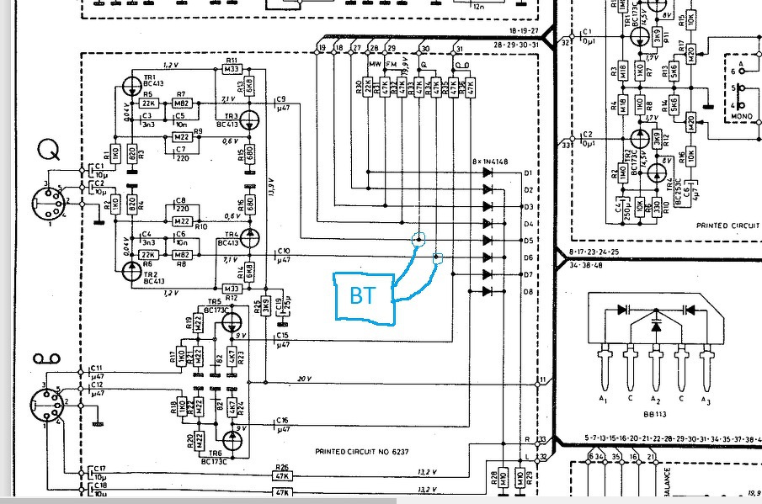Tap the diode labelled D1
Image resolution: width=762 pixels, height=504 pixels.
tap(488, 172)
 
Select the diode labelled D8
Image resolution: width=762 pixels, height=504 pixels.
tap(488, 291)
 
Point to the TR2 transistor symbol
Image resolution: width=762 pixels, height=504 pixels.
tap(132, 270)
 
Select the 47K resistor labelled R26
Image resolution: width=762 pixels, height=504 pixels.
tap(282, 476)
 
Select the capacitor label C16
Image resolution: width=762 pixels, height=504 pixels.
tap(282, 419)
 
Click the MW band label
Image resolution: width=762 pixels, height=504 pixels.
tap(375, 64)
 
